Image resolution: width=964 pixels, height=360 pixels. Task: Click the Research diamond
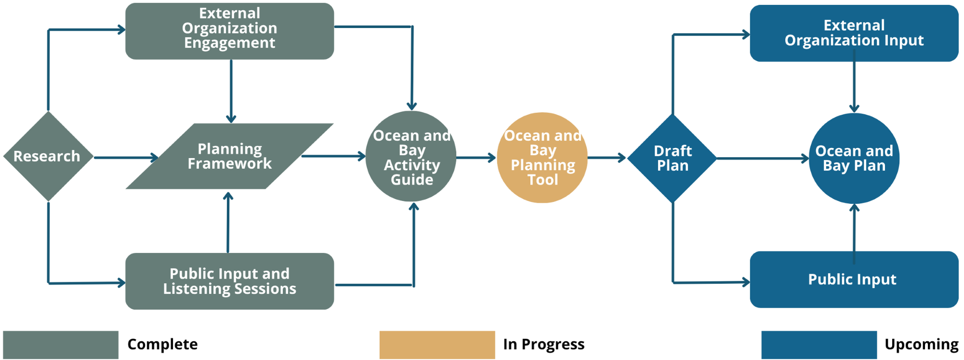pos(48,156)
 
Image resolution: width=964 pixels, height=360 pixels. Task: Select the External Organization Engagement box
pos(229,31)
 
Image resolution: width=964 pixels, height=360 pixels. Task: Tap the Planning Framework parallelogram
pos(229,156)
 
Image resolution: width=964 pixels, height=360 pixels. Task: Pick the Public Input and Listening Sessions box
pos(229,281)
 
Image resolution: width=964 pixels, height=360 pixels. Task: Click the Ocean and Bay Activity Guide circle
pos(411,157)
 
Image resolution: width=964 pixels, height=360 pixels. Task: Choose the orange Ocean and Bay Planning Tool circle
pos(542,158)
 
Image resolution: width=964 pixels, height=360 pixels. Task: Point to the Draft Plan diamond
pos(672,158)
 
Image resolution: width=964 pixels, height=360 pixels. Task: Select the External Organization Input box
pos(854,33)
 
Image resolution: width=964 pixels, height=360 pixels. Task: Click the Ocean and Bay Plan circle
pos(854,158)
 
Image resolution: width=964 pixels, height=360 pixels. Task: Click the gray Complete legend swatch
pos(61,345)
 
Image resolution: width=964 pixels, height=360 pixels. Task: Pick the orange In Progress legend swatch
pos(437,345)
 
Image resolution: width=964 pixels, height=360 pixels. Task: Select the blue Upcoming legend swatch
pos(819,345)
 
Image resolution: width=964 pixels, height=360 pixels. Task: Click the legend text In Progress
pos(544,345)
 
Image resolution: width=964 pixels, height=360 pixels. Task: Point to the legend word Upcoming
pos(922,345)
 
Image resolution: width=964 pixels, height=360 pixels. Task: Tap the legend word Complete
pos(162,345)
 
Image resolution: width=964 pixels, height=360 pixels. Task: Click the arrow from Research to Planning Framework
pos(125,158)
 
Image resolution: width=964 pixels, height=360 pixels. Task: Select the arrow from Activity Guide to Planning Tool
pos(476,158)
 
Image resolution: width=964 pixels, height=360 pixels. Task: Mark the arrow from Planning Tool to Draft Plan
pos(606,158)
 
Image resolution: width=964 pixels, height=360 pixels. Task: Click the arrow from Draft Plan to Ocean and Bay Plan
pos(762,158)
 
